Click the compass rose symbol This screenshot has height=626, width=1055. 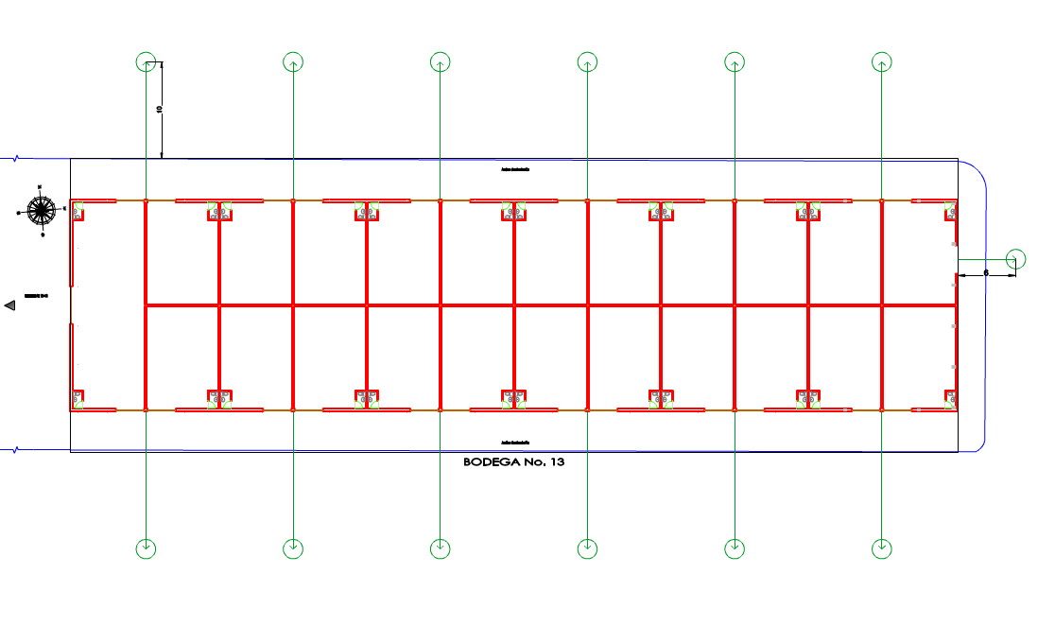point(42,210)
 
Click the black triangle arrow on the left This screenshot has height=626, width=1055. point(10,304)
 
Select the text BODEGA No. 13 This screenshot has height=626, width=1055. point(513,462)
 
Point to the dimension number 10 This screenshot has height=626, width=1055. point(159,110)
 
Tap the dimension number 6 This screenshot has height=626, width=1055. point(986,272)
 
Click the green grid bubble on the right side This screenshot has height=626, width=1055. point(1016,258)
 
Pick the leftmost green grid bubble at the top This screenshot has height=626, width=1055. point(146,62)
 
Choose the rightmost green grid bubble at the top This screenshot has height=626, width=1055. point(881,62)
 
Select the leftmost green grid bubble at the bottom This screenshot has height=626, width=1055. point(146,548)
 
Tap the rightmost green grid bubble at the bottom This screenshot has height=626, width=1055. point(881,548)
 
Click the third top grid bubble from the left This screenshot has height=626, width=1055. point(440,62)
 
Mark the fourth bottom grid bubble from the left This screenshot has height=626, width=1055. point(587,548)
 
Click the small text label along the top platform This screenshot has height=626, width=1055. point(515,169)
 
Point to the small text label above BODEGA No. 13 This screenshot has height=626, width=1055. point(515,442)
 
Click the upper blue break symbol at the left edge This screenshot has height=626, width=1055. point(16,157)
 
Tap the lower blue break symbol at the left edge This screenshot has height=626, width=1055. point(16,450)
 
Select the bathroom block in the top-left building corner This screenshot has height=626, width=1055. point(78,210)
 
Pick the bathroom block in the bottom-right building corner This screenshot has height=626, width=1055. point(950,400)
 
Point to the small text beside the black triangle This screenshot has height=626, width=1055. point(36,295)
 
